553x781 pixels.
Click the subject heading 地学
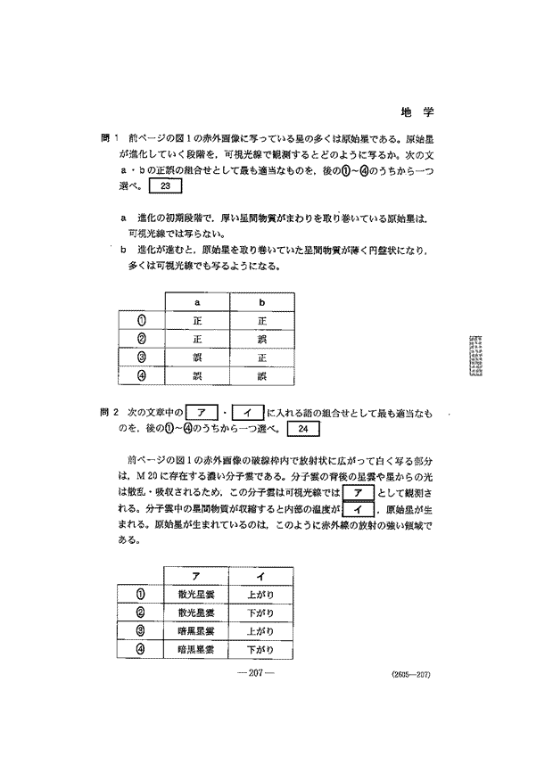point(417,113)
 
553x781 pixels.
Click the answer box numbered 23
point(167,186)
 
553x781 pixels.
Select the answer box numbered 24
point(304,429)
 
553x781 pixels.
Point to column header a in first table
point(196,302)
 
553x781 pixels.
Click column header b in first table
point(262,302)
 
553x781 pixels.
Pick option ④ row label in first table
point(141,376)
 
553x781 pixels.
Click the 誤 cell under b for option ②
point(262,340)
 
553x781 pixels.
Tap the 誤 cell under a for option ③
point(196,358)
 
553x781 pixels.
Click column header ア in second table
point(195,575)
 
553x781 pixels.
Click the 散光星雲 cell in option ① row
point(195,594)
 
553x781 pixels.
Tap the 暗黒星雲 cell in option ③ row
point(195,631)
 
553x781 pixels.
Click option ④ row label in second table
point(140,649)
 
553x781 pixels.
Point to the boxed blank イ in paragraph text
point(358,509)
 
